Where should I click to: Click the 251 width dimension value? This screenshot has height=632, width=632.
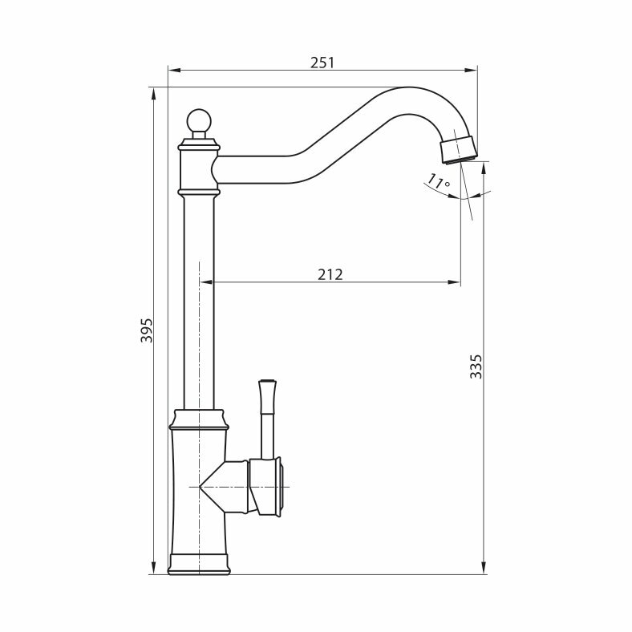(322, 63)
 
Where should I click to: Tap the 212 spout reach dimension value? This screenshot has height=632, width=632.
(330, 274)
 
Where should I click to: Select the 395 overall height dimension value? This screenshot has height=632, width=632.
(147, 330)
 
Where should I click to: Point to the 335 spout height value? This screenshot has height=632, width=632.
(476, 367)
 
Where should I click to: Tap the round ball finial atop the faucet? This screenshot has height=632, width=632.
(199, 120)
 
